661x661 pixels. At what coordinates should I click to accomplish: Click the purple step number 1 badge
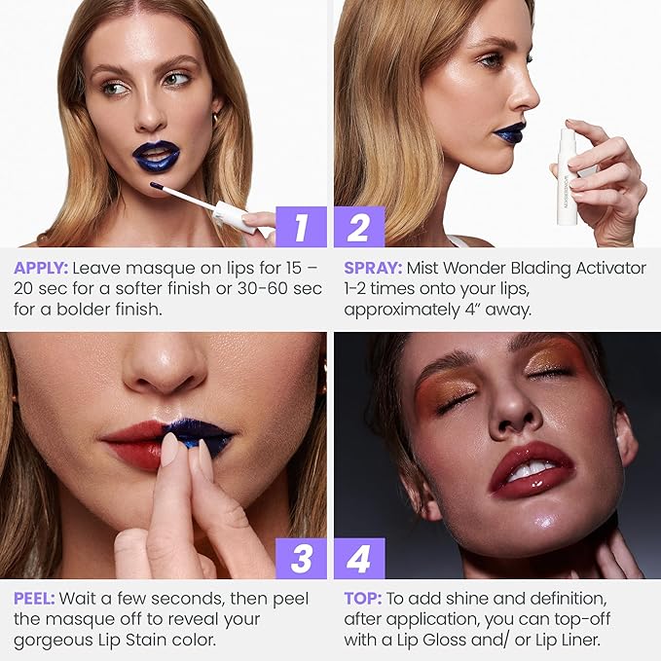click(301, 227)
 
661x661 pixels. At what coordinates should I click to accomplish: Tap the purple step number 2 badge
click(359, 227)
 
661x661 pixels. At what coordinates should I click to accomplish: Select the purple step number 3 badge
click(301, 559)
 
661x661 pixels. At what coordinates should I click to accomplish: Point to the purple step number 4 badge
click(359, 559)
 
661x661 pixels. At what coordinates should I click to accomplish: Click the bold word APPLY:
click(41, 268)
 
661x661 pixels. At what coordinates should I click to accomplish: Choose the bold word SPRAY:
click(374, 268)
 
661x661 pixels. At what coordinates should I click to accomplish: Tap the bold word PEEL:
click(35, 598)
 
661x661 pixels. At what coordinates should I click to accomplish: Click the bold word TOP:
click(362, 598)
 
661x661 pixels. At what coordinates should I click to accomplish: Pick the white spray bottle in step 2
click(567, 176)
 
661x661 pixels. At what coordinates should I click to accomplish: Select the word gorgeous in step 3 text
click(52, 639)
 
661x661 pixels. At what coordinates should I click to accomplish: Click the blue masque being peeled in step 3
click(200, 435)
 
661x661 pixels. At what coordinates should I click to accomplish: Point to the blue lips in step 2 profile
click(509, 132)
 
